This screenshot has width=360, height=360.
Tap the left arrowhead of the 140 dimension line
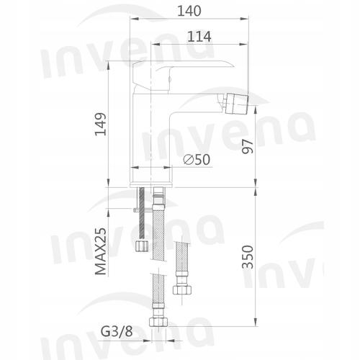[133, 22]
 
